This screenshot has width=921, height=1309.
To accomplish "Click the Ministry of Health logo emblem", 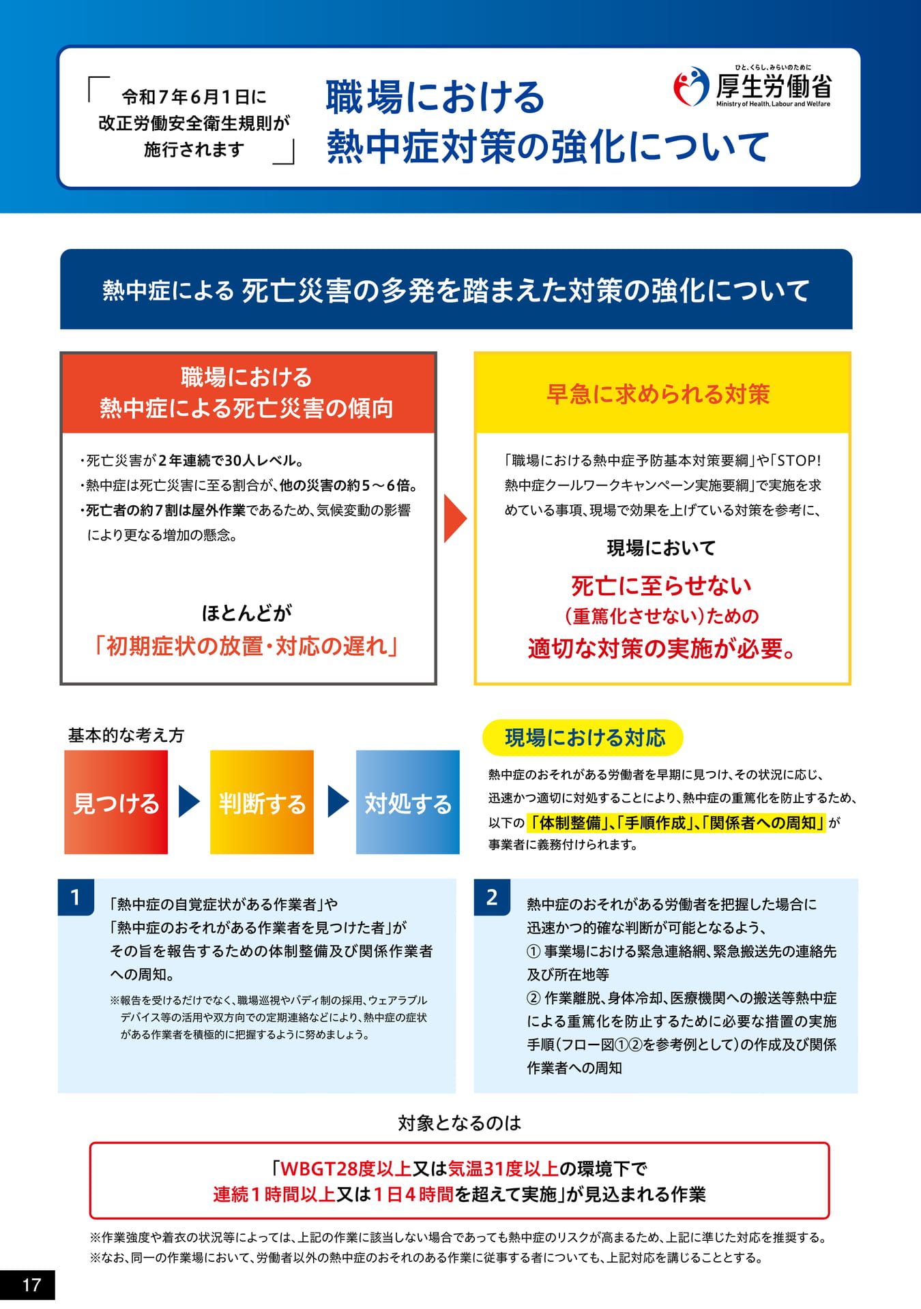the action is [x=691, y=87].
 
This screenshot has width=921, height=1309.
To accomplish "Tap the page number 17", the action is [x=31, y=1285].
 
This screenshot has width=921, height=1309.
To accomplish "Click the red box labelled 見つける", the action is [x=116, y=802].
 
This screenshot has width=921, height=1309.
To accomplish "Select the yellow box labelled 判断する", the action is [x=262, y=802].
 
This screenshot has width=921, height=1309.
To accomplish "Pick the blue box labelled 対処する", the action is [x=408, y=802].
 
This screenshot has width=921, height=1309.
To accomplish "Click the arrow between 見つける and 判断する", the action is [x=189, y=801].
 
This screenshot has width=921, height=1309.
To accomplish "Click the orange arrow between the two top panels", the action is [x=455, y=518].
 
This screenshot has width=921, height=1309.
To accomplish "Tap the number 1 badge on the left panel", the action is [x=76, y=897].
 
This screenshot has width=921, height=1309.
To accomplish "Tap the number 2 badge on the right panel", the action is [x=492, y=897].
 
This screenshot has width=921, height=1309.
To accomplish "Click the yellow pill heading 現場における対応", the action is [x=583, y=738].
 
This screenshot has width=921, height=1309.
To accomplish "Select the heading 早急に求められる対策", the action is [x=658, y=394].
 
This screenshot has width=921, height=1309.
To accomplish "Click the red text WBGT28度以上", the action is [x=346, y=1169].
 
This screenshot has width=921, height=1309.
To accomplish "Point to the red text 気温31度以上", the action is [x=503, y=1169].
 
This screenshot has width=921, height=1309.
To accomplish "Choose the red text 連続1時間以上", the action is [x=274, y=1194].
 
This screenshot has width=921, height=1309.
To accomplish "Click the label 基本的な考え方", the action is [x=126, y=735].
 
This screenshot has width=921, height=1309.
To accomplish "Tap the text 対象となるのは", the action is [x=460, y=1123].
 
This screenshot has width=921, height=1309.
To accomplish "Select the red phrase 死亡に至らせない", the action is [x=661, y=586].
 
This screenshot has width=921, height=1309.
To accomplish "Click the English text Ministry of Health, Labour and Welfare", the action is [x=773, y=104].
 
